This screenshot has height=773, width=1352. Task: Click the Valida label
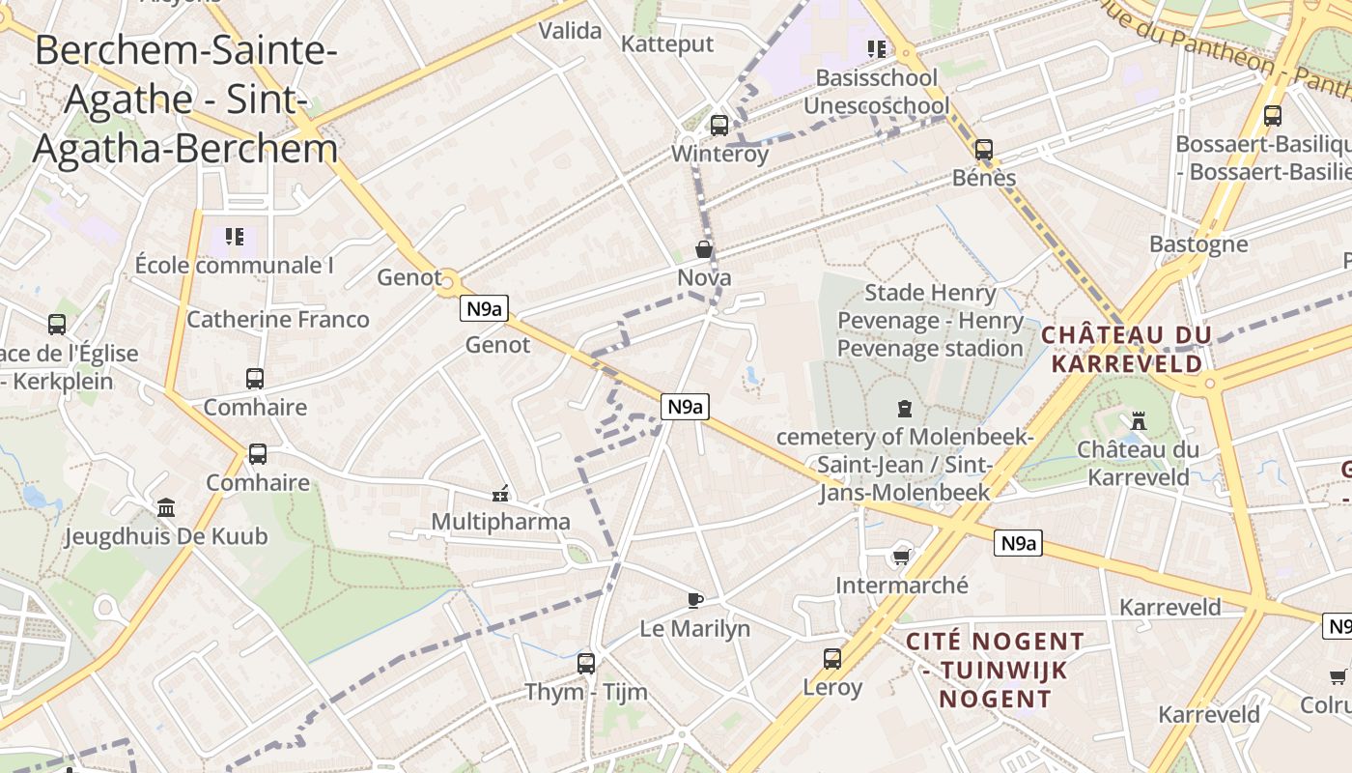[x=570, y=31]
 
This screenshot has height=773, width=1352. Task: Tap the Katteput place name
[x=667, y=43]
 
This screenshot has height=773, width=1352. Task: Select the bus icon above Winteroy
[x=718, y=126]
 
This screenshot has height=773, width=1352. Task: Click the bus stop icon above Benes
[x=984, y=150]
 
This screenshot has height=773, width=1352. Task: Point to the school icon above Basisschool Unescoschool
[x=876, y=48]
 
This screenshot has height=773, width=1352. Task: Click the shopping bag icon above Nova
[x=704, y=249]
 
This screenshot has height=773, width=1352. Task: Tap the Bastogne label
[x=1198, y=243]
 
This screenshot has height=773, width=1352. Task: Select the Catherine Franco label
[x=278, y=319]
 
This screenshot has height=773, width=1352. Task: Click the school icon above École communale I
[x=234, y=237]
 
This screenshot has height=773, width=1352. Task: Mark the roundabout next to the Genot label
[x=446, y=283]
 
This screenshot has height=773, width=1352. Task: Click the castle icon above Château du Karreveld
[x=1139, y=421]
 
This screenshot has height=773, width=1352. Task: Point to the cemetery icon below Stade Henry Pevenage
[x=905, y=409]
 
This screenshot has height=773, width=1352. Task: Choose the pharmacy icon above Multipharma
[x=500, y=494]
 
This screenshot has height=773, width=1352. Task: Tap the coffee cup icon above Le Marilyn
[x=694, y=600]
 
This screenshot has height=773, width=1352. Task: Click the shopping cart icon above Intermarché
[x=901, y=557]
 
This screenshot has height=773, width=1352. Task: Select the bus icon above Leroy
[x=832, y=659]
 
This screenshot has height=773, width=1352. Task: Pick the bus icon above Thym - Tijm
[x=586, y=663]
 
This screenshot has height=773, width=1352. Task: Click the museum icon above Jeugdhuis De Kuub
[x=166, y=507]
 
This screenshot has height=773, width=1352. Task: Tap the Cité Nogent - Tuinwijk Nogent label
[x=995, y=670]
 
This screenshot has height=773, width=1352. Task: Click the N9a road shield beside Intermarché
[x=1018, y=543]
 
